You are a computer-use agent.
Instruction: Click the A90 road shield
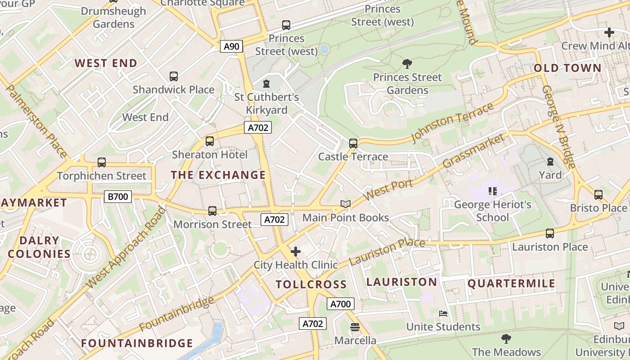coord(232,46)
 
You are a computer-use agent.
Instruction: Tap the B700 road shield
coord(118,196)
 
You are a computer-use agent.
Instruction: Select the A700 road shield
coord(340,304)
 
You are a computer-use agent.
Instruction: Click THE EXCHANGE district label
coord(218,175)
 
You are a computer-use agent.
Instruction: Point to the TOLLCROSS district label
coord(311,284)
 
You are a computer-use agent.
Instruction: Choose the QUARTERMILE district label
coord(512,283)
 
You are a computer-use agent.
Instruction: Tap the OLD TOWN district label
coord(567,68)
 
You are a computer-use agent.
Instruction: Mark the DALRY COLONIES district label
coord(39,247)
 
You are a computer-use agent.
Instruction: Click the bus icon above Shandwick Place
coord(174,76)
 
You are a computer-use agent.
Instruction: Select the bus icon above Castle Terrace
coord(353,144)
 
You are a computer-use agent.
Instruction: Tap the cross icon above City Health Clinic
coord(296,252)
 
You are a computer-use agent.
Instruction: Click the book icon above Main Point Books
coord(345,204)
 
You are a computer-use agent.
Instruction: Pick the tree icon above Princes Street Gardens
coord(407,64)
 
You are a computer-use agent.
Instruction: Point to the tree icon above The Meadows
coord(506,338)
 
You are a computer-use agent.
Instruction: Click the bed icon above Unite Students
coord(443,313)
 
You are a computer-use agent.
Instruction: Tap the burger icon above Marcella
coord(355,327)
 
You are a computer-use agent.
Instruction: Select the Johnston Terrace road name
coord(452,122)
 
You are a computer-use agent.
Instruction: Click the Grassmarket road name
coord(474,151)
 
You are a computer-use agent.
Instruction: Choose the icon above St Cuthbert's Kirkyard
coord(266,84)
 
